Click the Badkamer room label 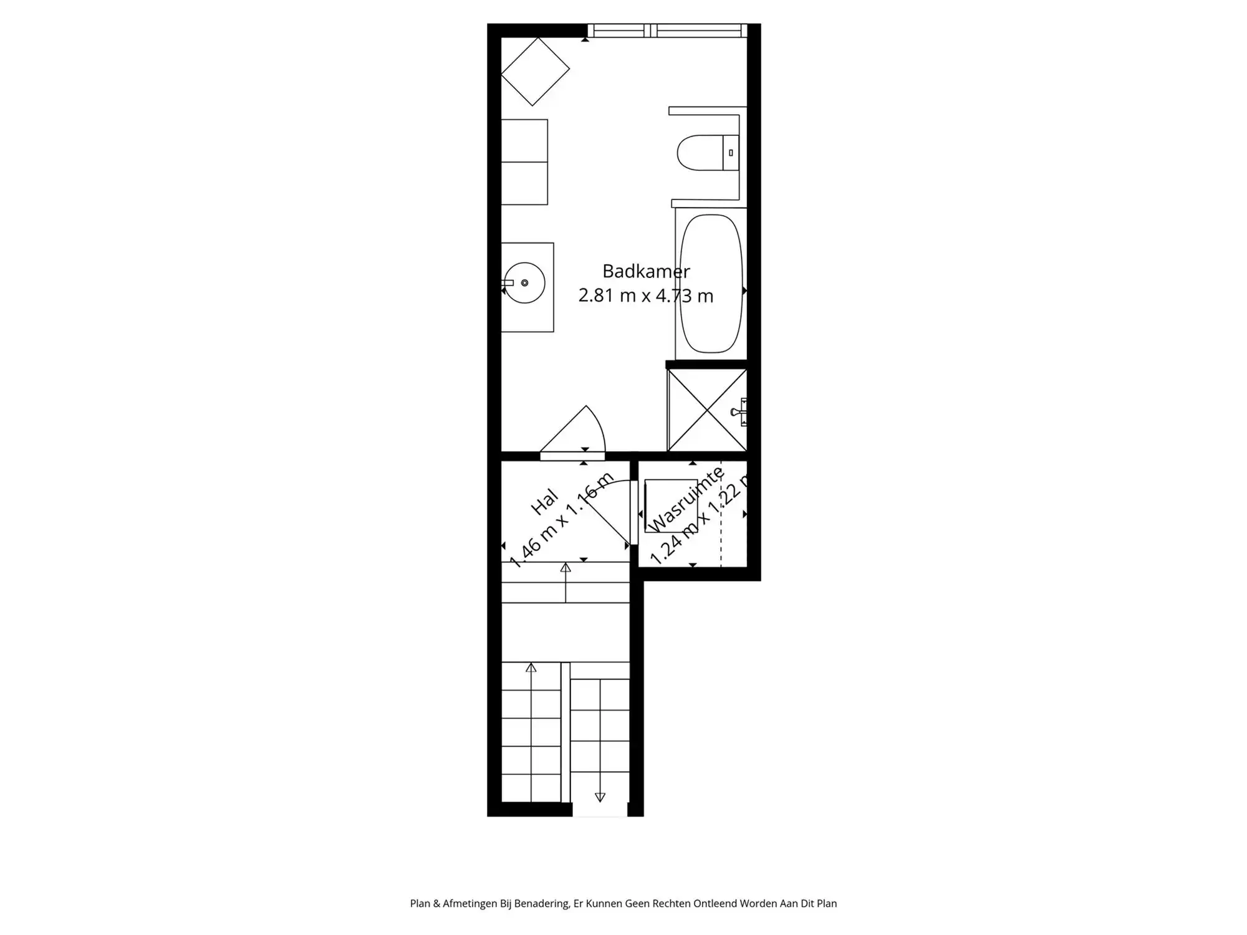pyautogui.click(x=645, y=271)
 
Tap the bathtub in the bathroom pyautogui.click(x=711, y=284)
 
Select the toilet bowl pyautogui.click(x=698, y=153)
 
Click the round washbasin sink pyautogui.click(x=524, y=283)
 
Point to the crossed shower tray pyautogui.click(x=706, y=410)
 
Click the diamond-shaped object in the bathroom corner pyautogui.click(x=535, y=71)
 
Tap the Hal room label pyautogui.click(x=544, y=502)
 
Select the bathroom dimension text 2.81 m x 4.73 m pyautogui.click(x=645, y=295)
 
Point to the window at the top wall pyautogui.click(x=667, y=30)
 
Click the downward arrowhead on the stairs pyautogui.click(x=600, y=797)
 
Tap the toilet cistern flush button pyautogui.click(x=731, y=153)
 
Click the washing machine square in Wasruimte pyautogui.click(x=671, y=505)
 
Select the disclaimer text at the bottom pyautogui.click(x=623, y=903)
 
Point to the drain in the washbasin pyautogui.click(x=524, y=283)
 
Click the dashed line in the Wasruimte pyautogui.click(x=721, y=536)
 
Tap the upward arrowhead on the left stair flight pyautogui.click(x=531, y=668)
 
